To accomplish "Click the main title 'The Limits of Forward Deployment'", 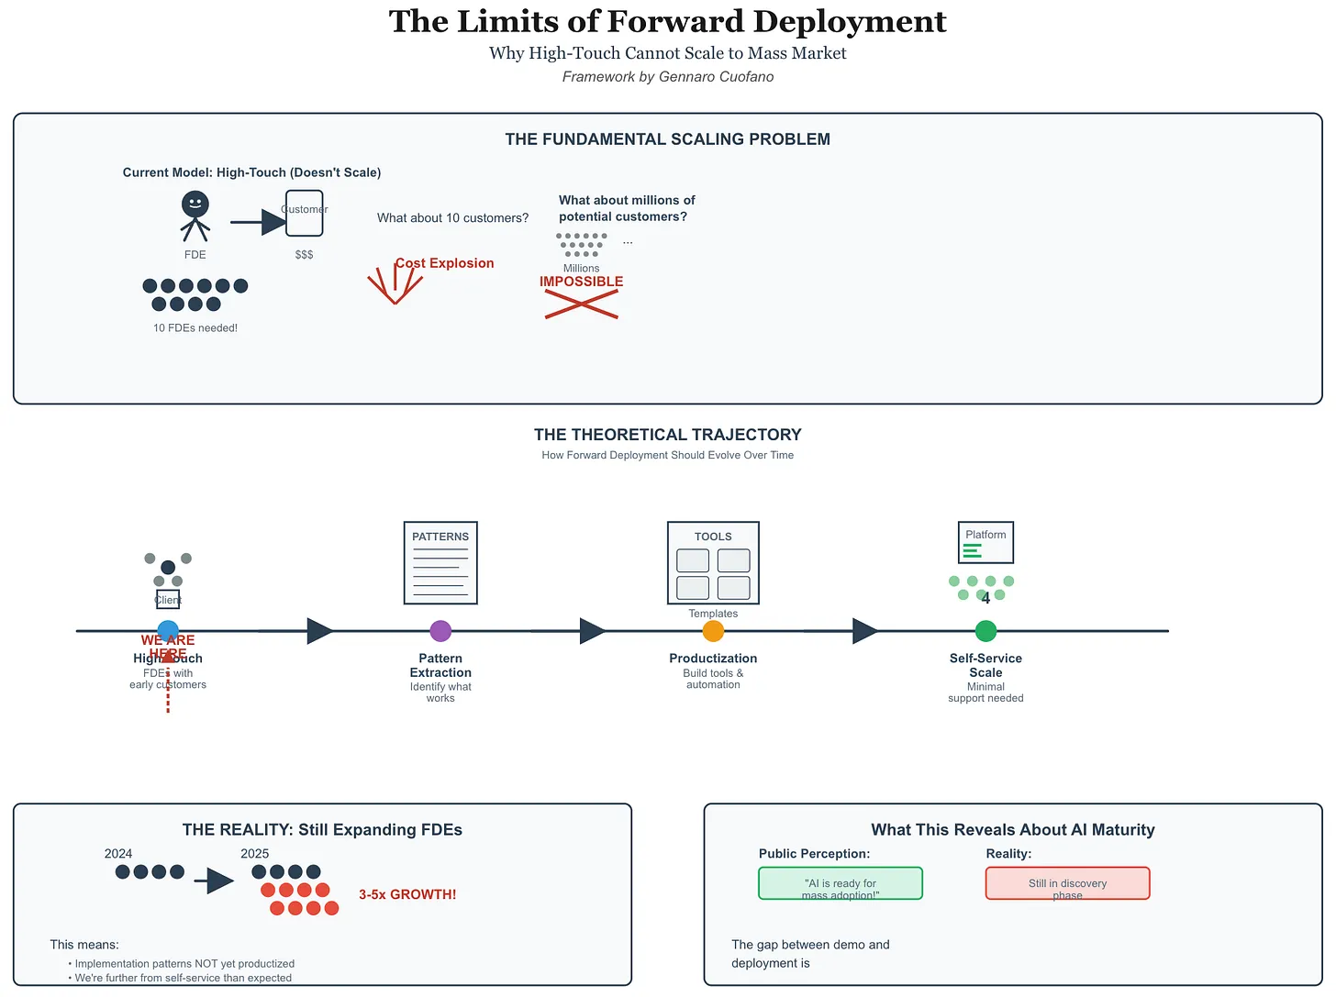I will pyautogui.click(x=667, y=22).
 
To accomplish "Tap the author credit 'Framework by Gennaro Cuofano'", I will pyautogui.click(x=667, y=77).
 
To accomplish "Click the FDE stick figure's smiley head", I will pyautogui.click(x=195, y=204).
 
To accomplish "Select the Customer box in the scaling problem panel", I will pyautogui.click(x=304, y=213).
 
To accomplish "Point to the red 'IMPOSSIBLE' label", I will pyautogui.click(x=581, y=282).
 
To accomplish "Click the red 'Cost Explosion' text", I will pyautogui.click(x=445, y=263).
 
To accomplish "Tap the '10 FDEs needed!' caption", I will pyautogui.click(x=195, y=328).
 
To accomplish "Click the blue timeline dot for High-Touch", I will pyautogui.click(x=168, y=631).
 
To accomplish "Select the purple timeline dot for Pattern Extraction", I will pyautogui.click(x=440, y=631).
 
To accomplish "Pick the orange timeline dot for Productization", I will pyautogui.click(x=713, y=631).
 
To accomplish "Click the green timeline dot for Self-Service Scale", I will pyautogui.click(x=985, y=631).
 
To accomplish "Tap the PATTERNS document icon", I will pyautogui.click(x=440, y=563).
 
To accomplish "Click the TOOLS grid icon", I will pyautogui.click(x=713, y=563).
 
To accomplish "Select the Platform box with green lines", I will pyautogui.click(x=985, y=542).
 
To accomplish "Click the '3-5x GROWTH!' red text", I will pyautogui.click(x=407, y=894).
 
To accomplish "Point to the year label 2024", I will pyautogui.click(x=118, y=854).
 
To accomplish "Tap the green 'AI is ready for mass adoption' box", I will pyautogui.click(x=841, y=883).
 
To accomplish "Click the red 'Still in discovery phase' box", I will pyautogui.click(x=1067, y=883).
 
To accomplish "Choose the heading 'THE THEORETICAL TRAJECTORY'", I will pyautogui.click(x=667, y=435).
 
